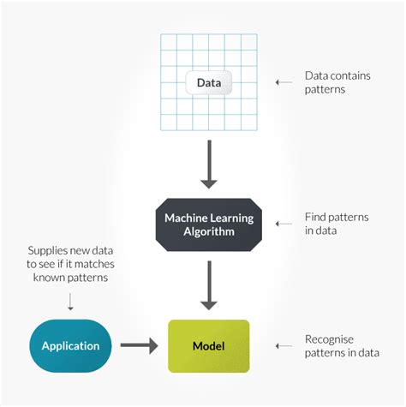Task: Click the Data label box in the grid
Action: click(208, 83)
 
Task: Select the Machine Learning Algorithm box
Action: click(208, 224)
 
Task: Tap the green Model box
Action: click(208, 346)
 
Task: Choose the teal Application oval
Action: click(70, 346)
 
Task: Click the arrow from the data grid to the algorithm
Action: click(208, 168)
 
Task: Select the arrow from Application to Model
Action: click(140, 346)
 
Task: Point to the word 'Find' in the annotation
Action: click(317, 217)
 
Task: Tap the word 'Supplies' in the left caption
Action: click(48, 249)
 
